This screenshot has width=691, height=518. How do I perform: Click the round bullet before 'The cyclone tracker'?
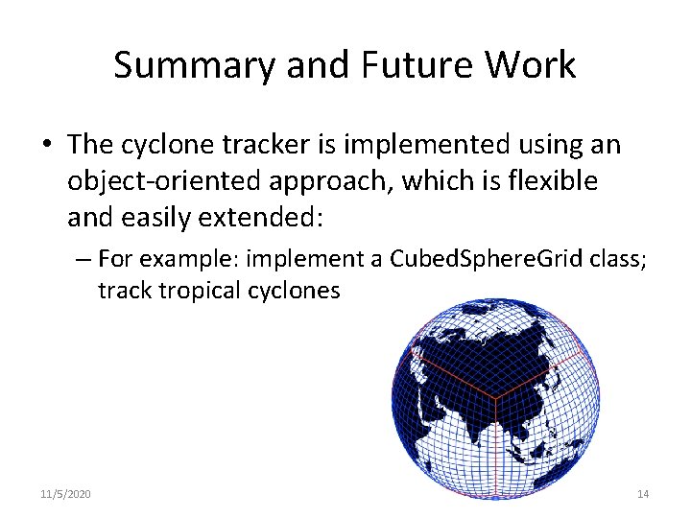(47, 146)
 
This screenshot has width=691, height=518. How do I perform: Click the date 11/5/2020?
(66, 493)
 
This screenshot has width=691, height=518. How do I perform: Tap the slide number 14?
(643, 493)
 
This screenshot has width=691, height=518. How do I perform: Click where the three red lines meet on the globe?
(494, 395)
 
